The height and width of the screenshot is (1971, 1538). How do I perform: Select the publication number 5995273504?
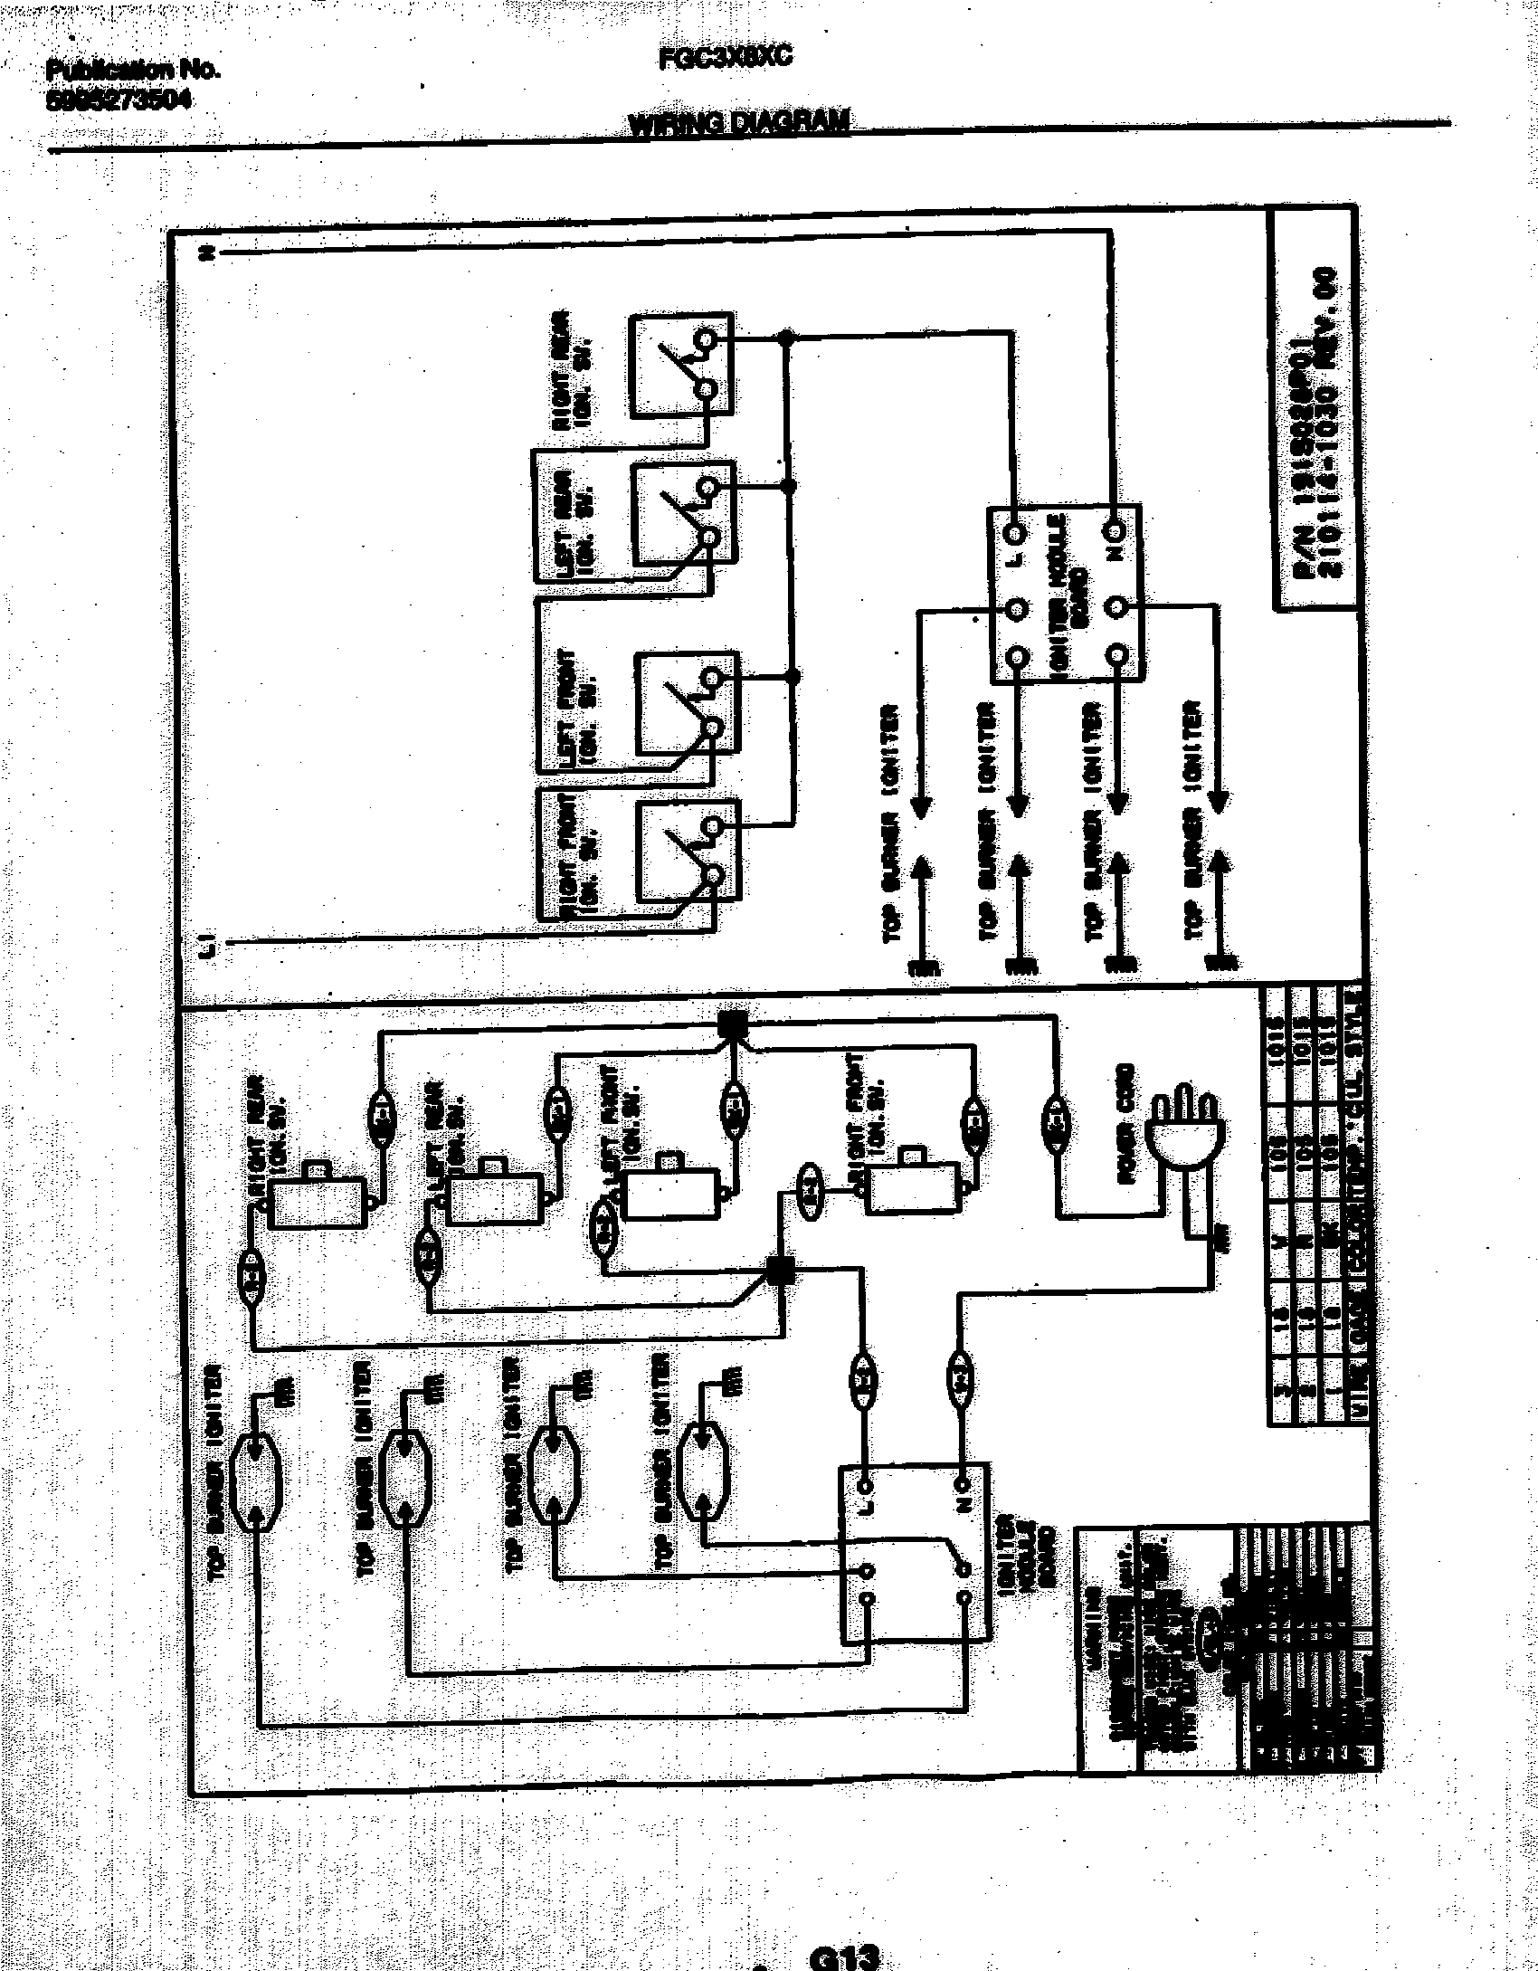pyautogui.click(x=119, y=101)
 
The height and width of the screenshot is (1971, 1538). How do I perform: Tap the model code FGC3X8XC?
pyautogui.click(x=725, y=57)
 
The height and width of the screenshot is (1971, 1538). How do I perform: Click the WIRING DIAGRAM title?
pyautogui.click(x=738, y=124)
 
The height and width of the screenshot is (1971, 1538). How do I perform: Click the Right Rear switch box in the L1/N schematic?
pyautogui.click(x=680, y=366)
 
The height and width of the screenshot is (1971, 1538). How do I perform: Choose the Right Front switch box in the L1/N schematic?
pyautogui.click(x=688, y=851)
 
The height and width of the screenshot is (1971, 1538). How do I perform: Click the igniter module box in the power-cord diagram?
pyautogui.click(x=915, y=1555)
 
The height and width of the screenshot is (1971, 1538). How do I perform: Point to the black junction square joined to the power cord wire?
pyautogui.click(x=732, y=1024)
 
